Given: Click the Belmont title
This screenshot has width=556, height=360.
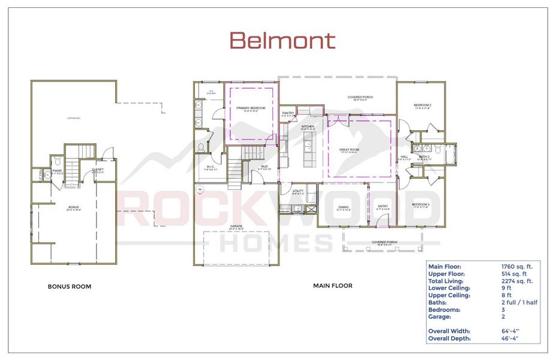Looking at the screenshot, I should [x=282, y=41].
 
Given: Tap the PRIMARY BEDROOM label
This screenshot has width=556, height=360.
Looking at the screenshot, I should [x=251, y=108].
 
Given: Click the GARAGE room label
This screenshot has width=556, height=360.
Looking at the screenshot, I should [x=236, y=227].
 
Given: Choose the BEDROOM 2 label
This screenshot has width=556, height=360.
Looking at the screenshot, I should [x=422, y=105].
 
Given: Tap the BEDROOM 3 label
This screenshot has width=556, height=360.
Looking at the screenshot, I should [x=420, y=205].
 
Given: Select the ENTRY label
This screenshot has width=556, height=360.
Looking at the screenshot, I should [x=383, y=207].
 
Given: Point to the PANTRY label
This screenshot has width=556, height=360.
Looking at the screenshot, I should [x=288, y=113].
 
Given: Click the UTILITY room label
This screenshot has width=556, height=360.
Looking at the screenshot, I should [x=298, y=191].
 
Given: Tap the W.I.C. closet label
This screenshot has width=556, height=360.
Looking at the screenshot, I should [x=211, y=167].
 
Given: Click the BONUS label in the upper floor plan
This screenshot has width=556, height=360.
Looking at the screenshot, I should [x=73, y=207].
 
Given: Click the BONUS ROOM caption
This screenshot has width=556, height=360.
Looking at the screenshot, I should [x=70, y=287].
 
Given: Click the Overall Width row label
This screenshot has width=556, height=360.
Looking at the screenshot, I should [x=449, y=331].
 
